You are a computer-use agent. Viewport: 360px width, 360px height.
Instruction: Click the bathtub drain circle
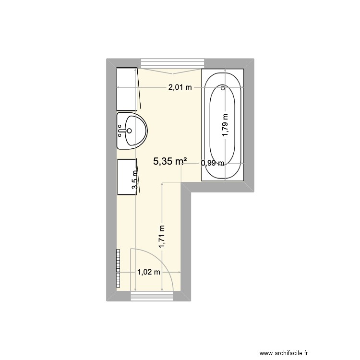point(223,88)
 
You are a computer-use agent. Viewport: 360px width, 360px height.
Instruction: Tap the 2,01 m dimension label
point(179,87)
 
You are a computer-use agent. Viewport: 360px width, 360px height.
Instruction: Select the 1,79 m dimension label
point(225,125)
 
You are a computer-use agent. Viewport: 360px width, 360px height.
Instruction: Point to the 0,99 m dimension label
point(213,163)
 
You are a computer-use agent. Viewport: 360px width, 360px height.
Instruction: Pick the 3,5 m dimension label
point(136,180)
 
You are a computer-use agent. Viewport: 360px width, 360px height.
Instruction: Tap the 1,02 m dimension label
point(148,272)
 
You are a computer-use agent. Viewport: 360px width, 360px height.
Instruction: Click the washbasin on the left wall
point(132,131)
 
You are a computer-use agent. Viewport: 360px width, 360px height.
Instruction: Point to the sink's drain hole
point(129,130)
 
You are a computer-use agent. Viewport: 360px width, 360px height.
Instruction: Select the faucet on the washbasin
point(120,130)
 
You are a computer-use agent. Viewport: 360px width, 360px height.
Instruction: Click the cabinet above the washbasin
point(128,88)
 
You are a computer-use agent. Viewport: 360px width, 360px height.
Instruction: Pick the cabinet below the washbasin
point(127,177)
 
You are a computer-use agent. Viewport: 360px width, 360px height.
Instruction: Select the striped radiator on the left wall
point(117,268)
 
